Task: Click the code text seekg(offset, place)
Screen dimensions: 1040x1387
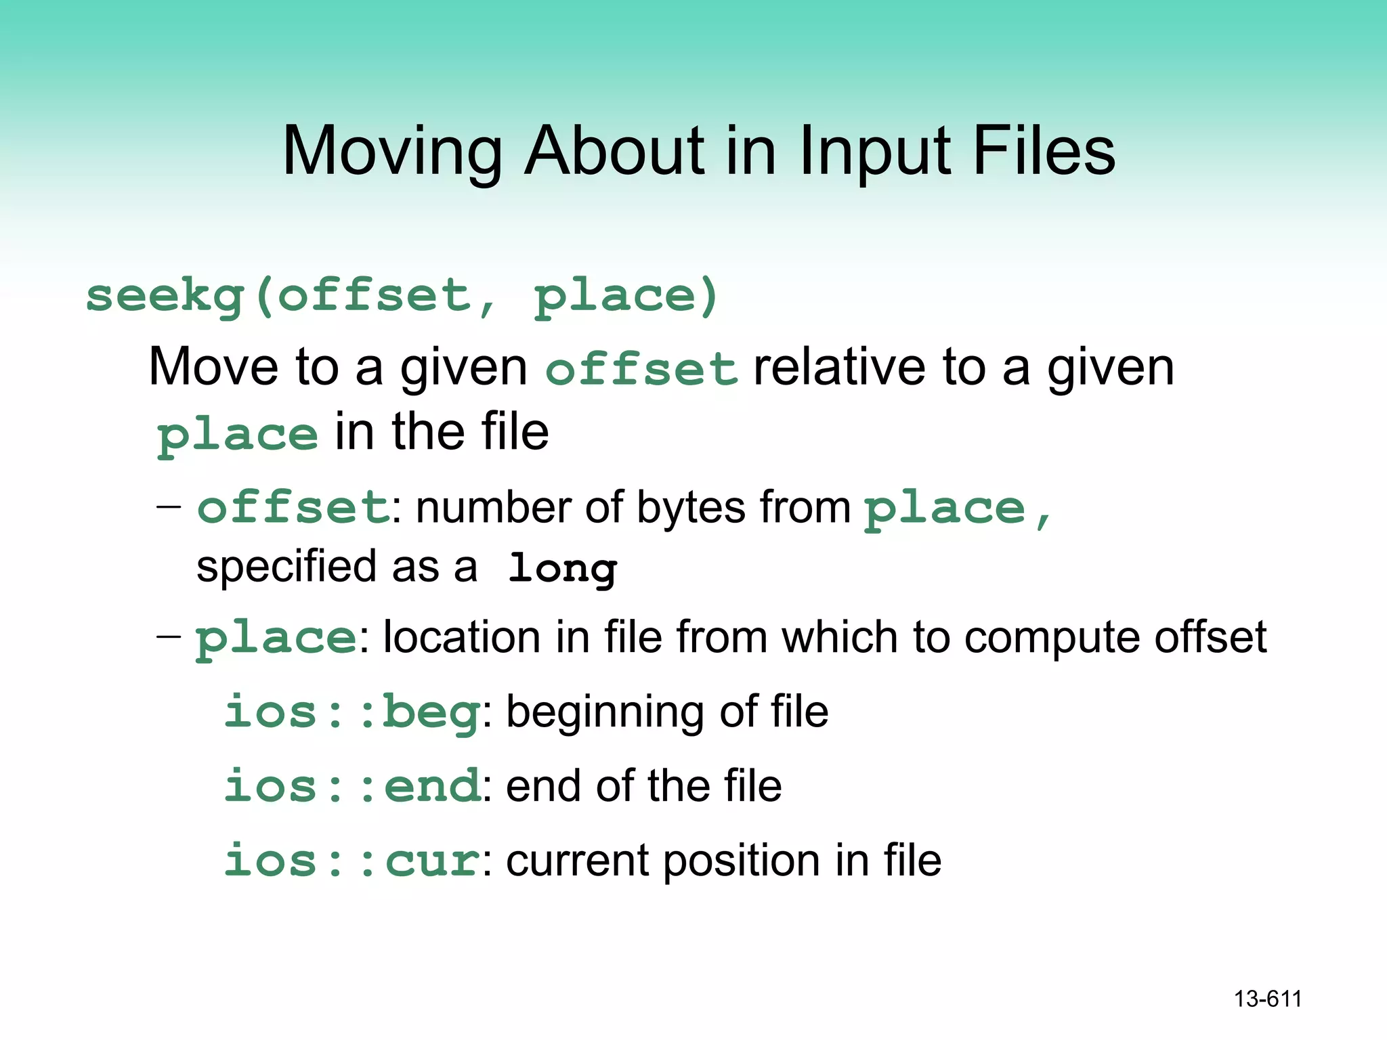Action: point(402,297)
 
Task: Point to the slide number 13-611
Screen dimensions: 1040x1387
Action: point(1268,999)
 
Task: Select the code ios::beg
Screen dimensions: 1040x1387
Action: point(352,712)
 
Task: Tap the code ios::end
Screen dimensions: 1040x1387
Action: point(352,786)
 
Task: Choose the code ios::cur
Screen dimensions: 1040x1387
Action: point(352,861)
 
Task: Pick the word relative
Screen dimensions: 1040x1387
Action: point(839,368)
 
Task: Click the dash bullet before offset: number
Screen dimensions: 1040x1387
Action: point(169,506)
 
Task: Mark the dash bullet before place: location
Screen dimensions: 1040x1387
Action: point(169,636)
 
